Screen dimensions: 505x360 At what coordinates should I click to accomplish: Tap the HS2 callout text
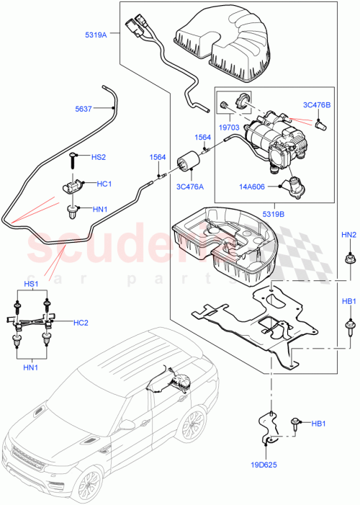pos(99,157)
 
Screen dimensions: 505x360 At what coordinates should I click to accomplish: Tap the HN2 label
pos(348,236)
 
